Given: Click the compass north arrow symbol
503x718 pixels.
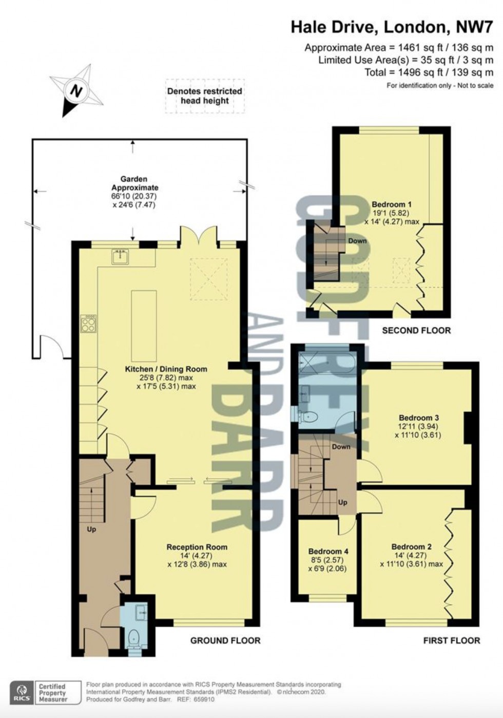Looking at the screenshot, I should pyautogui.click(x=76, y=90).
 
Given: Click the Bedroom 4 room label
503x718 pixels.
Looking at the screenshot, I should pyautogui.click(x=328, y=551).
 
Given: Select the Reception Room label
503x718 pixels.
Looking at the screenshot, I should pyautogui.click(x=197, y=547).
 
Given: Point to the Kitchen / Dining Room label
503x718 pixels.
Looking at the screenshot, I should pyautogui.click(x=166, y=369).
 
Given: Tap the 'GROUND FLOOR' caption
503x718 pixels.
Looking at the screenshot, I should pyautogui.click(x=225, y=640).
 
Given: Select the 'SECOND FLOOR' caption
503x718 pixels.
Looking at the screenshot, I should pyautogui.click(x=416, y=330).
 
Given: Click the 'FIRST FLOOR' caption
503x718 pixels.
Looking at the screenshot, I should pyautogui.click(x=452, y=640).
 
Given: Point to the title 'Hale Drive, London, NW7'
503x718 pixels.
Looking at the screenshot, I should pyautogui.click(x=392, y=27).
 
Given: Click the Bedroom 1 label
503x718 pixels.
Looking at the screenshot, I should pyautogui.click(x=392, y=204).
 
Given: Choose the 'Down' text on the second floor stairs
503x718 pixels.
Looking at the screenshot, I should pyautogui.click(x=357, y=241).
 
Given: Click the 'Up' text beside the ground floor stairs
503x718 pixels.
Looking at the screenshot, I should pyautogui.click(x=91, y=528).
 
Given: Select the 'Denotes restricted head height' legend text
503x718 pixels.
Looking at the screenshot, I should pyautogui.click(x=204, y=96).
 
